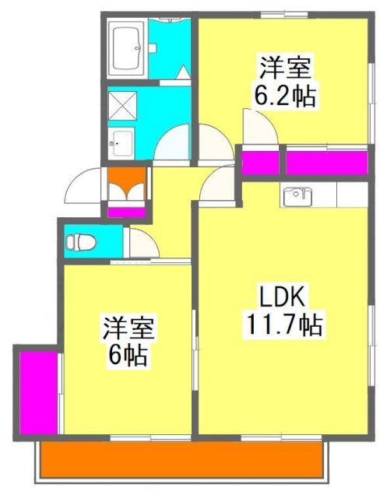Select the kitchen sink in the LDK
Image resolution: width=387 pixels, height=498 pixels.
click(x=297, y=196)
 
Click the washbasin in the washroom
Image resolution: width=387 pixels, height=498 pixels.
click(x=122, y=142)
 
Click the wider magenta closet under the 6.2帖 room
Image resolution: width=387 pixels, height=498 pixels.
click(x=326, y=163)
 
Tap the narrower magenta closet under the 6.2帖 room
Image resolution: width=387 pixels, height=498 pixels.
click(x=260, y=163)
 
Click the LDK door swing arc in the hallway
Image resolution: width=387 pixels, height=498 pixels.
click(x=220, y=184)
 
